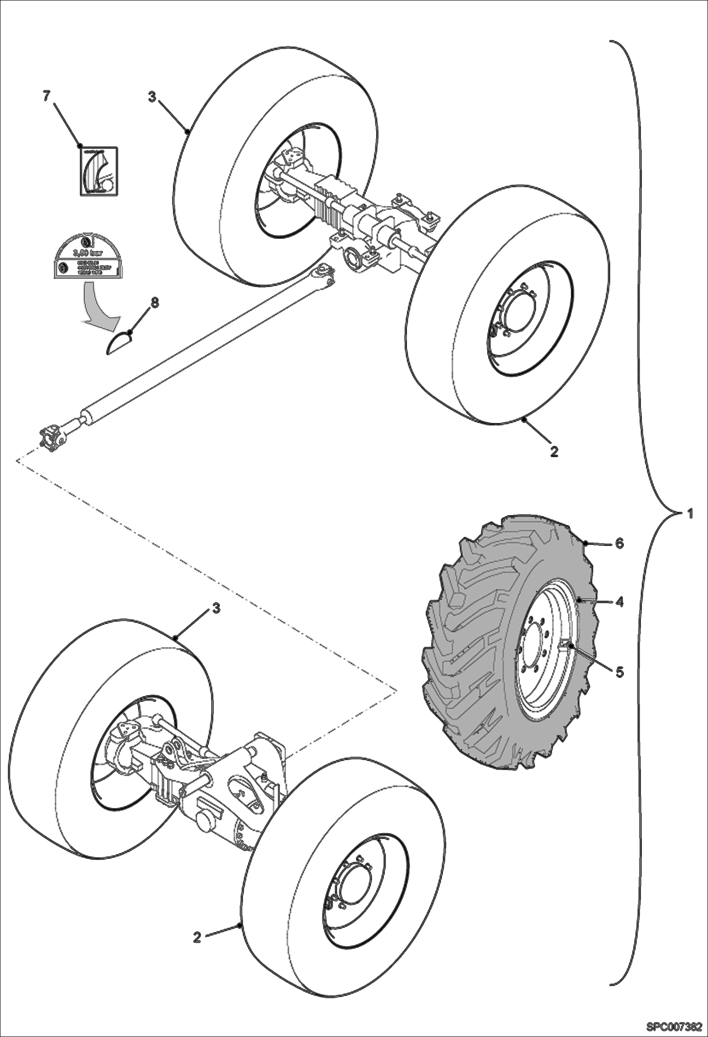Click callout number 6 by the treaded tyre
pos(619,543)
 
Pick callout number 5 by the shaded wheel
pos(619,672)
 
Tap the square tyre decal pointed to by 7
pos(98,171)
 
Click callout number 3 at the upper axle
pos(152,96)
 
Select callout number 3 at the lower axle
pos(216,608)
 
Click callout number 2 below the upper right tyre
pos(554,451)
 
